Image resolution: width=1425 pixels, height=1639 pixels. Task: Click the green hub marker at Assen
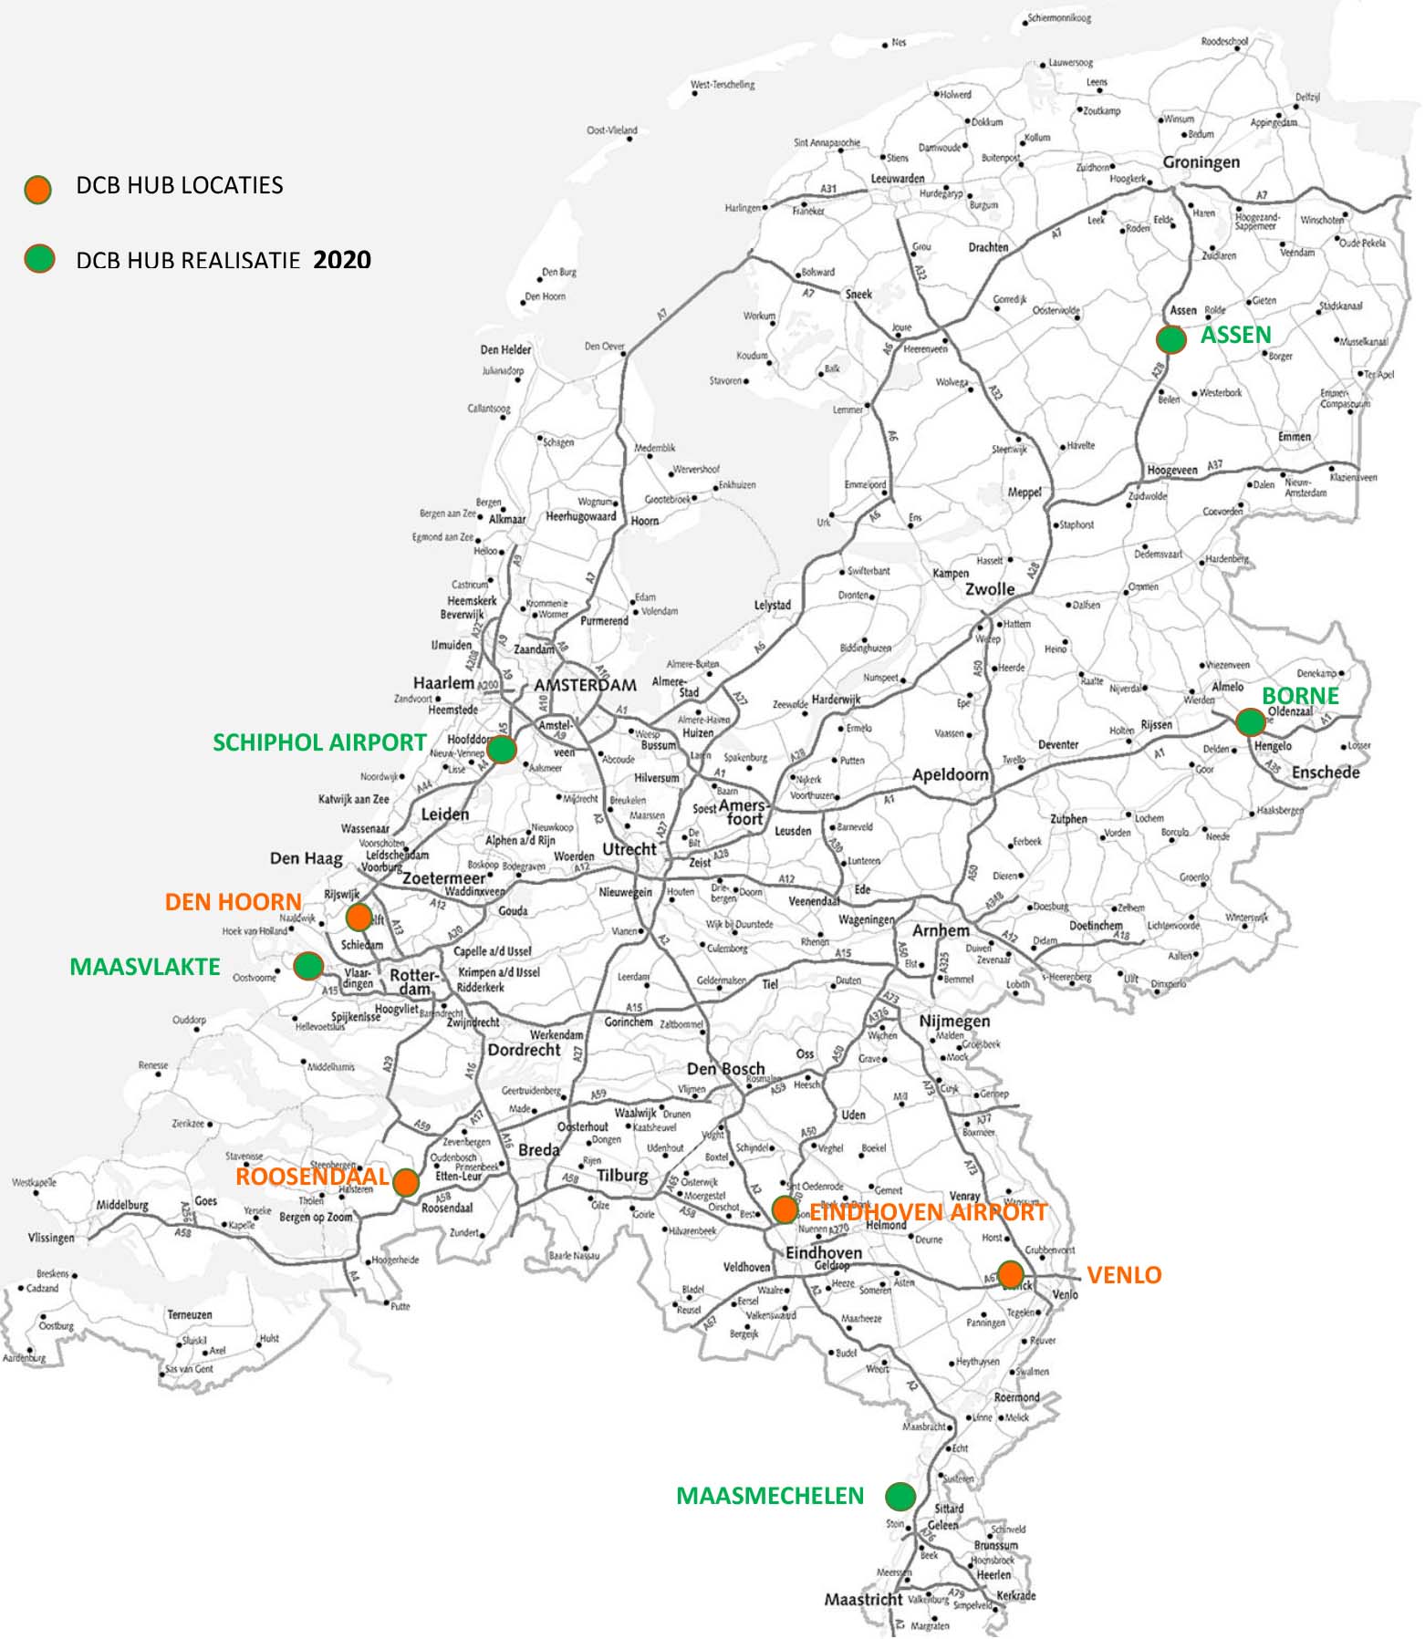click(x=1170, y=339)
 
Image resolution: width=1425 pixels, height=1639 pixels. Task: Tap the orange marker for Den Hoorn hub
click(x=359, y=917)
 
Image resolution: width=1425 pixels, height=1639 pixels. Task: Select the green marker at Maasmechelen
click(x=900, y=1496)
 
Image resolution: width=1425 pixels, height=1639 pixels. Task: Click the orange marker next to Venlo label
click(x=1010, y=1274)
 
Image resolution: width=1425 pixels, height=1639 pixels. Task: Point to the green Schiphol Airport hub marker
click(x=502, y=750)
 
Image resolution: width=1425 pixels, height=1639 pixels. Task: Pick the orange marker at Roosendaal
click(x=406, y=1183)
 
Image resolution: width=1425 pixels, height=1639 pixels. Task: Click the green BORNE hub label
click(x=1299, y=696)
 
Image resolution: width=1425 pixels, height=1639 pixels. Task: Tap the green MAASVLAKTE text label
click(x=145, y=967)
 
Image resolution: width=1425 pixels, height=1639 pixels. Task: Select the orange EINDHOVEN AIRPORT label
click(x=928, y=1212)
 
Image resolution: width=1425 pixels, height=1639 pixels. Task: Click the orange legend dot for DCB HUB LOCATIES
click(x=37, y=190)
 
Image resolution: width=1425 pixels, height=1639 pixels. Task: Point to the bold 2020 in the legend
click(x=342, y=260)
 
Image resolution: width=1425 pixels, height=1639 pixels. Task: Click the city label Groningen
click(x=1201, y=162)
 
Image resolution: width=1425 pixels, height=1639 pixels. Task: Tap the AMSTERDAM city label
click(x=585, y=685)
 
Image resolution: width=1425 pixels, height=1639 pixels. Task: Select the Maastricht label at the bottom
click(x=863, y=1600)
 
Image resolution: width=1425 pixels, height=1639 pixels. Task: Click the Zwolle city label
click(x=990, y=589)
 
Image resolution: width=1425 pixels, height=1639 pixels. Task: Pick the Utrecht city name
click(x=629, y=849)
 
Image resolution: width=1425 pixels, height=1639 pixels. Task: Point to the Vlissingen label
click(x=51, y=1238)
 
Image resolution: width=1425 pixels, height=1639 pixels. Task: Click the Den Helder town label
click(x=505, y=349)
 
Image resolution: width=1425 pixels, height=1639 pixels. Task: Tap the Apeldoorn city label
click(x=951, y=774)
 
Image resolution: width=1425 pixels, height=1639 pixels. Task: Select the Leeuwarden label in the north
click(x=898, y=179)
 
